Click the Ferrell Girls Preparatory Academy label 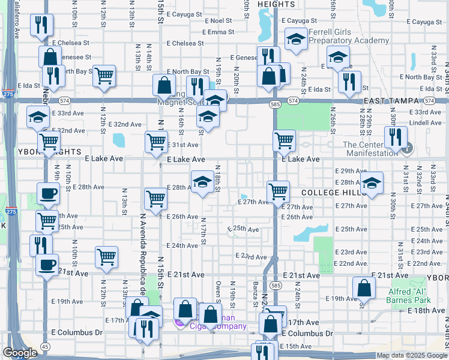point(348,36)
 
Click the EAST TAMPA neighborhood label point(390,102)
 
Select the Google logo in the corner point(20,353)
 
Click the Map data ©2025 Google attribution point(403,355)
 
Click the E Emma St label point(218,32)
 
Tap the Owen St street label point(218,293)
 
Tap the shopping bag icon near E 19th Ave point(364,290)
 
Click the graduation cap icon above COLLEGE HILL point(372,184)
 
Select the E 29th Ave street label point(350,171)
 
